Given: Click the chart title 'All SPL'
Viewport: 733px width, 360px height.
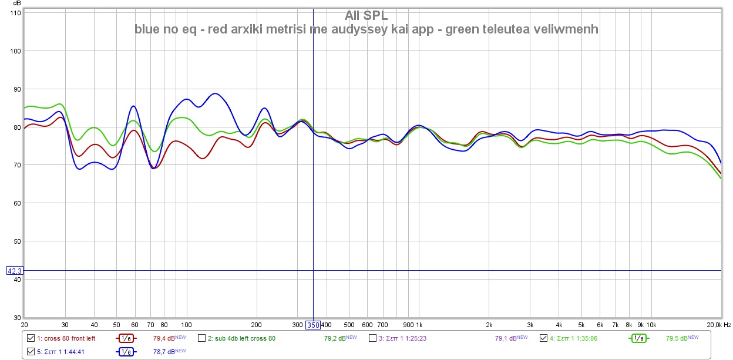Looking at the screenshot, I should click(x=366, y=16).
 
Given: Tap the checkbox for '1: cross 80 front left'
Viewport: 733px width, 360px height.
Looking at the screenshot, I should click(x=31, y=338).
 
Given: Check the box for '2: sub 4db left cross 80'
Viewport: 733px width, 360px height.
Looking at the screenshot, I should click(x=201, y=338).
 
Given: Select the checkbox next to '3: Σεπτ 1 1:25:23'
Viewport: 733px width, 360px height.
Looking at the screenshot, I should click(x=372, y=338).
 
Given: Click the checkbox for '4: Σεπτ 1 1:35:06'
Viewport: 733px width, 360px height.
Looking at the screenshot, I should click(x=543, y=338).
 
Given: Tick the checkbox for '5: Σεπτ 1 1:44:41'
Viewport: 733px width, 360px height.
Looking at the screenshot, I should click(x=31, y=352).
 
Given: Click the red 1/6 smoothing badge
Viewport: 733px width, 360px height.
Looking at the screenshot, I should click(x=126, y=338).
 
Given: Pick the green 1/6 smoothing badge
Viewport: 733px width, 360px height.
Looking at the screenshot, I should click(x=638, y=338).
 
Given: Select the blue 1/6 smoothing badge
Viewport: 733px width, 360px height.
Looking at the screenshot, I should click(x=126, y=352).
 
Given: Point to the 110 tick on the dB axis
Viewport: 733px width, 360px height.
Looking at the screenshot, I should click(x=15, y=13).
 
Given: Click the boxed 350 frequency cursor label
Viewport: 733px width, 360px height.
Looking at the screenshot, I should click(x=312, y=325).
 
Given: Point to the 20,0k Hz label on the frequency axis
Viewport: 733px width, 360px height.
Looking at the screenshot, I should click(x=717, y=325).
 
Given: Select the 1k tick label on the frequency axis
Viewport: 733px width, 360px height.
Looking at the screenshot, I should click(x=419, y=325).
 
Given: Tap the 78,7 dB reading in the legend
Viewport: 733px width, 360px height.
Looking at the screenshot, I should click(x=164, y=352).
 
